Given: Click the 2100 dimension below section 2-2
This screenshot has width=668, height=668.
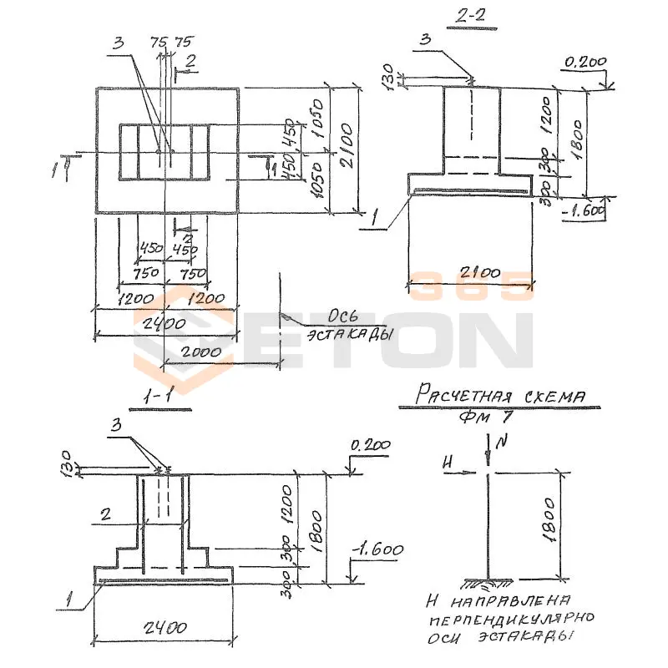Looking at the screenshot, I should [x=470, y=273].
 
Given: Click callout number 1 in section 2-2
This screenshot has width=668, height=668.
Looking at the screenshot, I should [x=376, y=220].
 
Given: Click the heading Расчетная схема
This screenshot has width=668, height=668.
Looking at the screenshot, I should [x=500, y=394].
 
